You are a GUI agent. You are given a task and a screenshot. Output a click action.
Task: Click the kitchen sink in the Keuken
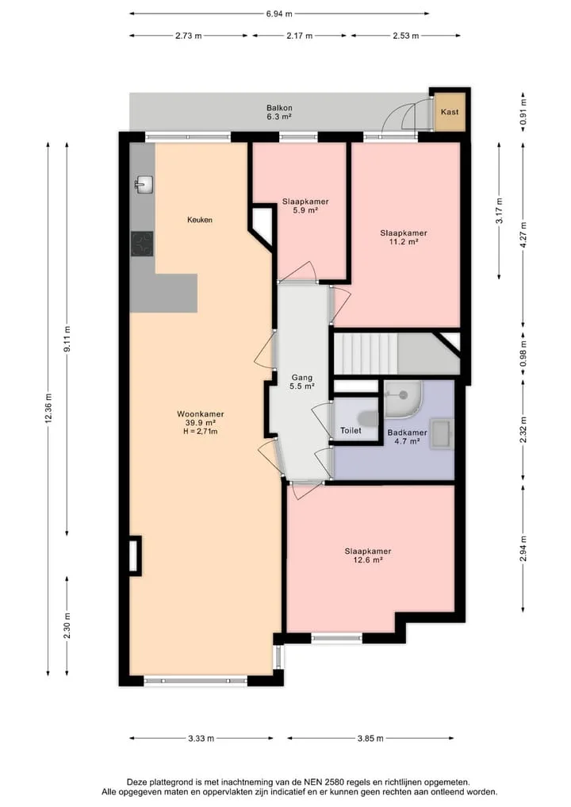point(144,185)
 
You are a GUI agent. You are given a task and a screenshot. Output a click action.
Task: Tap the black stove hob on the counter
point(143,244)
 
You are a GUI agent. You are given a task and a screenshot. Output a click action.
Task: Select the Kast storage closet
point(450,112)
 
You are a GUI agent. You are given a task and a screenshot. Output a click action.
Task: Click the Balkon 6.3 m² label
point(279,112)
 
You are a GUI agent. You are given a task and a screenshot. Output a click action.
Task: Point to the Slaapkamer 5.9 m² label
point(305,206)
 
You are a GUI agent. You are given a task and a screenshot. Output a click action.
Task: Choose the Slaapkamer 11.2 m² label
point(404,237)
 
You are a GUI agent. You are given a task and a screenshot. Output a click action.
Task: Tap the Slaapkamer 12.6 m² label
point(368,555)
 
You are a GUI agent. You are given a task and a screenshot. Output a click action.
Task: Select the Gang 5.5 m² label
point(302,382)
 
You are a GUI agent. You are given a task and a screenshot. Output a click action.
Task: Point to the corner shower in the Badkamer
point(403,399)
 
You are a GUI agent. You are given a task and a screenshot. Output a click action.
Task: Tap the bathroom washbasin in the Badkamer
point(442,434)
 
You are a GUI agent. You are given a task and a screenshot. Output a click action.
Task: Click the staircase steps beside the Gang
point(366,354)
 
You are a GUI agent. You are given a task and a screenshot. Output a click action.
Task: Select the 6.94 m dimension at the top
point(279,14)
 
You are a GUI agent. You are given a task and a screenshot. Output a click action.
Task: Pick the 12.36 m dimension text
point(48,409)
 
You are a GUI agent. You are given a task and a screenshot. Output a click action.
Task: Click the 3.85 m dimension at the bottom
point(370,739)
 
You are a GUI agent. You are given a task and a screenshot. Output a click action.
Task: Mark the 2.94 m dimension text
point(523,548)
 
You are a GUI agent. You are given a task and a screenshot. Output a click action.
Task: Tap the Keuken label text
point(200,220)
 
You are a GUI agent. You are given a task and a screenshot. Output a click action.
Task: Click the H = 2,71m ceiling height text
point(201,432)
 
